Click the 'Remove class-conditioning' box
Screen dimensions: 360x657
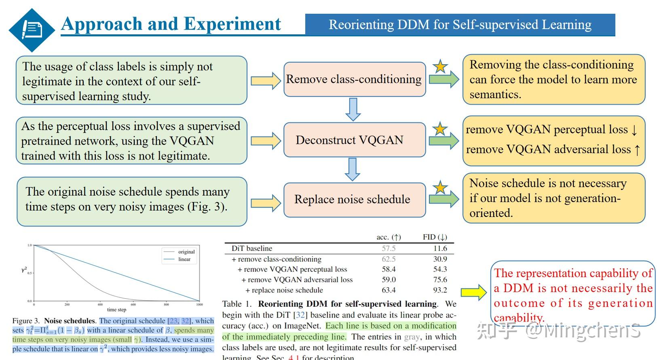(354, 79)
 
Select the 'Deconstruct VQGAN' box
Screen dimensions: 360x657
(354, 140)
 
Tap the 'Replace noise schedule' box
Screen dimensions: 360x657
(354, 199)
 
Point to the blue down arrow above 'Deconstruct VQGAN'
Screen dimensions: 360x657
(353, 109)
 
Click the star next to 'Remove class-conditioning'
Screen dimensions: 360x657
(440, 67)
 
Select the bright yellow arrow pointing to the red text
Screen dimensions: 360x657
(474, 292)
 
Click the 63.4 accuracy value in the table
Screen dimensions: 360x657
(388, 290)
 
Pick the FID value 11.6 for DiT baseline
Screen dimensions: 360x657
(440, 248)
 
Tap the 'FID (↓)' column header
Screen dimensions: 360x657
(435, 237)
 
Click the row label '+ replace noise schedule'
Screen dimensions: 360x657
(284, 290)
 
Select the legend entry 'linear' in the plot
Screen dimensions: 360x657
(184, 259)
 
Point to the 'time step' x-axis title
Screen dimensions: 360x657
(116, 309)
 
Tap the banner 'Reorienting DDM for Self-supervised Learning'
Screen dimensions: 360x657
(460, 25)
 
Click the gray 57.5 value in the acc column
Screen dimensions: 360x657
(388, 248)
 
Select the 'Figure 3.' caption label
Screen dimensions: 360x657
(27, 321)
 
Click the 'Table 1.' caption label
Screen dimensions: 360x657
(237, 304)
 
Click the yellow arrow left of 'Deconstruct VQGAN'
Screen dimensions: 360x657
(265, 141)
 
